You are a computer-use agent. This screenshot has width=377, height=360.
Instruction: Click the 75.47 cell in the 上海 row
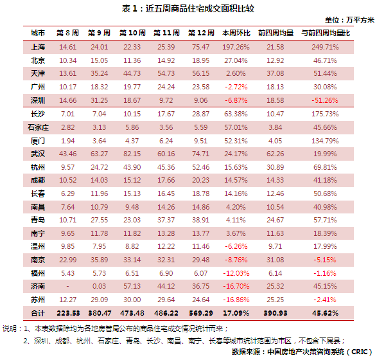coord(200,47)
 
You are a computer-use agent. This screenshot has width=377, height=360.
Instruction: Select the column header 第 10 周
coord(132,33)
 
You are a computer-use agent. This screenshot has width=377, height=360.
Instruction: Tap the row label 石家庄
coord(38,127)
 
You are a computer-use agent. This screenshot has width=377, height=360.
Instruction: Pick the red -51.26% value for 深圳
coord(325,100)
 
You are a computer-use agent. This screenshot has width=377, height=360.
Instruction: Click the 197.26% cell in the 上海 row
coord(236,47)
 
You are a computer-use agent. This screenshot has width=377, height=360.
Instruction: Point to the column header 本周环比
coord(236,33)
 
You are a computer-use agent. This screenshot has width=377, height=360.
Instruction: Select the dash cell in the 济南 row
coord(68,286)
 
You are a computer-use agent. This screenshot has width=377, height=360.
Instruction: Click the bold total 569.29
coord(201,313)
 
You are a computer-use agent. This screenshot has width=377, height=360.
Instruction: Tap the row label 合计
coord(38,313)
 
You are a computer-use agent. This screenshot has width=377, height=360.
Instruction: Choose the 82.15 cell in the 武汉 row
coord(132,154)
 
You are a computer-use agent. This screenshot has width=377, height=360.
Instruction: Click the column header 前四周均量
coord(276,33)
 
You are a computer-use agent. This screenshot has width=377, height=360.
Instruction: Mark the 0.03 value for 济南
coord(100,286)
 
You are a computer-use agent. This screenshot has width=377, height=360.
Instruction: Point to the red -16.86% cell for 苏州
coord(236,300)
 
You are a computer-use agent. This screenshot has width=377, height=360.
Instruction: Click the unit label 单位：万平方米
coord(349,20)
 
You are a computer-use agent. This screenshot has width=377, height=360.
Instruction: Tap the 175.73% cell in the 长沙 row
coord(325,114)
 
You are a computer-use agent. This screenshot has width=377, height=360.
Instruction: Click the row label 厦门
coord(38,141)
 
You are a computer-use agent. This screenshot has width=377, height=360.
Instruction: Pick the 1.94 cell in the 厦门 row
coord(68,141)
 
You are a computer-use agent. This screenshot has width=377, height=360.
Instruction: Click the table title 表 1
coord(129,8)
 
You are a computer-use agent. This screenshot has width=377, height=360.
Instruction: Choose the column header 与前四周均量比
coord(326,33)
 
